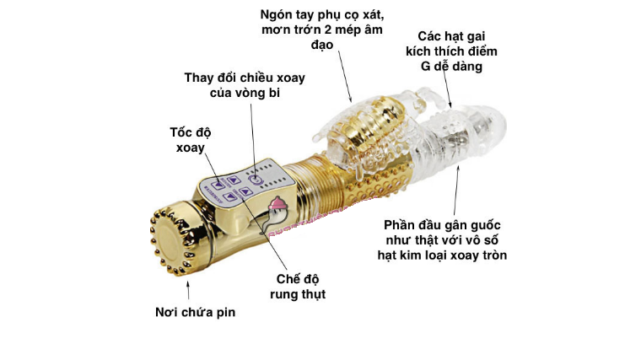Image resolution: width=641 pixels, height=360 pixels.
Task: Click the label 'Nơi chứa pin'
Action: tap(196, 312)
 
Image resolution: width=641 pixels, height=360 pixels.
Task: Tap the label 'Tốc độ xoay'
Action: tap(191, 140)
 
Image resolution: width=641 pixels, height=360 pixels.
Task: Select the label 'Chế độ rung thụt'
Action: tap(298, 287)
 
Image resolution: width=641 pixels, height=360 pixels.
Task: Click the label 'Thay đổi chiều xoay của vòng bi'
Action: tap(245, 85)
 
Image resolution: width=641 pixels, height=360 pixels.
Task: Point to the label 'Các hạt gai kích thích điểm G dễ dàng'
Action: tap(451, 51)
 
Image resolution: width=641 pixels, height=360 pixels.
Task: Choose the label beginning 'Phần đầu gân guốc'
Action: tap(442, 240)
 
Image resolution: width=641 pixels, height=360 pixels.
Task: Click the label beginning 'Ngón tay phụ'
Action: tap(322, 30)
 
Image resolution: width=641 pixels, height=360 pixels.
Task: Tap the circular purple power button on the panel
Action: tap(255, 179)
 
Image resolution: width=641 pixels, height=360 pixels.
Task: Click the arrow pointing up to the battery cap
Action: tap(188, 291)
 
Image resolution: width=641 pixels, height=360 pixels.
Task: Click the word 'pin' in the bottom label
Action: tap(226, 313)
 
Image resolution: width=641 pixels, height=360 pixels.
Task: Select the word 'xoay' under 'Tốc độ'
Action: tap(191, 148)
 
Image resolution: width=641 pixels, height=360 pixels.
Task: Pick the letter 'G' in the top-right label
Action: tap(426, 67)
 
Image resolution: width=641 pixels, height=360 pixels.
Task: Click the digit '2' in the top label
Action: tap(328, 30)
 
